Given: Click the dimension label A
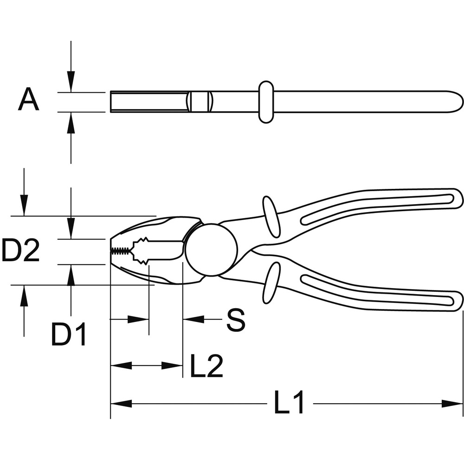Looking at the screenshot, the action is coord(28,99).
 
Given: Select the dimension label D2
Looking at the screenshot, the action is coord(20,251).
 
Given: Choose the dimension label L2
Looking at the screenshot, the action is coord(206,366).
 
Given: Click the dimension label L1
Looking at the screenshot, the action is coord(289,403).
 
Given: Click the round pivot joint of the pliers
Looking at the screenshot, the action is coord(212,250).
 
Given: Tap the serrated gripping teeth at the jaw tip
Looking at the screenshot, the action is coord(121,251).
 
